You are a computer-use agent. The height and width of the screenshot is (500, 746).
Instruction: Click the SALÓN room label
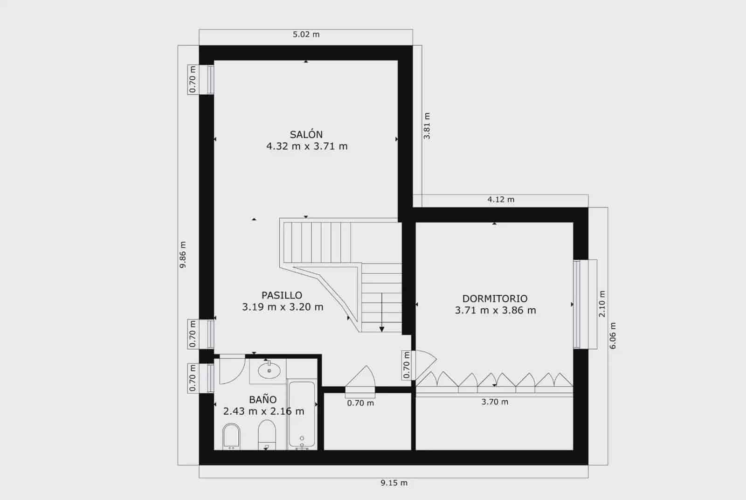pyautogui.click(x=306, y=135)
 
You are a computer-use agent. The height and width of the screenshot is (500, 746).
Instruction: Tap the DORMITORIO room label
pyautogui.click(x=495, y=299)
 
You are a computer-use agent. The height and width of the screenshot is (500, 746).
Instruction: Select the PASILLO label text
pyautogui.click(x=282, y=295)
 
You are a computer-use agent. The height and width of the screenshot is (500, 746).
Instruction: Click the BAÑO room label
pyautogui.click(x=262, y=400)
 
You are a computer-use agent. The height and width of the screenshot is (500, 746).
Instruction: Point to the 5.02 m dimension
pyautogui.click(x=306, y=35)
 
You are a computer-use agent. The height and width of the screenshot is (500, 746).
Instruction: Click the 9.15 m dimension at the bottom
pyautogui.click(x=394, y=483)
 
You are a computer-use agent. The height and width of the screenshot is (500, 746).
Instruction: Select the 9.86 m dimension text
pyautogui.click(x=183, y=255)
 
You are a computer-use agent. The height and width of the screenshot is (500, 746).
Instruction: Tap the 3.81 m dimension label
pyautogui.click(x=427, y=126)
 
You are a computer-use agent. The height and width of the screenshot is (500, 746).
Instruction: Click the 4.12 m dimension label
pyautogui.click(x=501, y=200)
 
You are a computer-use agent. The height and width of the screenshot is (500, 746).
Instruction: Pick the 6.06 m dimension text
pyautogui.click(x=613, y=336)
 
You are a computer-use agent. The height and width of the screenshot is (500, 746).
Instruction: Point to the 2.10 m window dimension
pyautogui.click(x=602, y=304)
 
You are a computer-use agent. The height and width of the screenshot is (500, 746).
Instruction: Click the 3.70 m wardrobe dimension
pyautogui.click(x=495, y=402)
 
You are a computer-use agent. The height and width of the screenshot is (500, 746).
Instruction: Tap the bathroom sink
pyautogui.click(x=269, y=371)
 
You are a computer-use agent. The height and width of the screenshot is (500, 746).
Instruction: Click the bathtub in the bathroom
pyautogui.click(x=302, y=415)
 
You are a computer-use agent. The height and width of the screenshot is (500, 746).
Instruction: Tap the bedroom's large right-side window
pyautogui.click(x=577, y=304)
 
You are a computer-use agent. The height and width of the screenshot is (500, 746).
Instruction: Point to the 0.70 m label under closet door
pyautogui.click(x=360, y=403)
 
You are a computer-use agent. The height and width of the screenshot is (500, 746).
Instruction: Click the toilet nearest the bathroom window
pyautogui.click(x=231, y=436)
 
